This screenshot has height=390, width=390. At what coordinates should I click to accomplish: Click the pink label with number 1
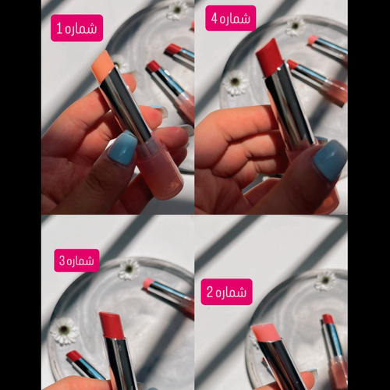coord(76,28)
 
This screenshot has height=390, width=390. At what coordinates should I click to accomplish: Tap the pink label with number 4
coord(231,18)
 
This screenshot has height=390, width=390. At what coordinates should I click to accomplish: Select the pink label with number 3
coord(76,261)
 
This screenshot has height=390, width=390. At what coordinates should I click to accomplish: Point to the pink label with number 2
coord(226,292)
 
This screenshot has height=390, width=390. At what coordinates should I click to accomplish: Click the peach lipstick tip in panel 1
coord(105,66)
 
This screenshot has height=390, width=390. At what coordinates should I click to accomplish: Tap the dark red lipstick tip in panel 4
coord(269,57)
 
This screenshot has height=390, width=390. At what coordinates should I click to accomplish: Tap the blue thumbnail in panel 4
coord(330,161)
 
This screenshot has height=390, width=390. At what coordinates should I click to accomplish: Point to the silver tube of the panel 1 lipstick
coord(126,104)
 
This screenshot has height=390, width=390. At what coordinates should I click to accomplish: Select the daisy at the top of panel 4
coord(295,27)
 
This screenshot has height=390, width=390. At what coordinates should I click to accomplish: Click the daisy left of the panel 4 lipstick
coord(235,83)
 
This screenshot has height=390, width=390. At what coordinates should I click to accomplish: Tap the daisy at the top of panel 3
coord(129,269)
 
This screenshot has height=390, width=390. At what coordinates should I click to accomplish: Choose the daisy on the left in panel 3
coord(65,331)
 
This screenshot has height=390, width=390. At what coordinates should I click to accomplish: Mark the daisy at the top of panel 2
coord(325,281)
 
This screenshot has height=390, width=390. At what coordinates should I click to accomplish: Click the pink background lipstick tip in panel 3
coord(149,284)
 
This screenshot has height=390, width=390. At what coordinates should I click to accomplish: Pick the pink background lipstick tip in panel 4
coord(314,41)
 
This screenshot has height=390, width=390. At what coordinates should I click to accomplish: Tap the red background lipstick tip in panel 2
coord(328,319)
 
